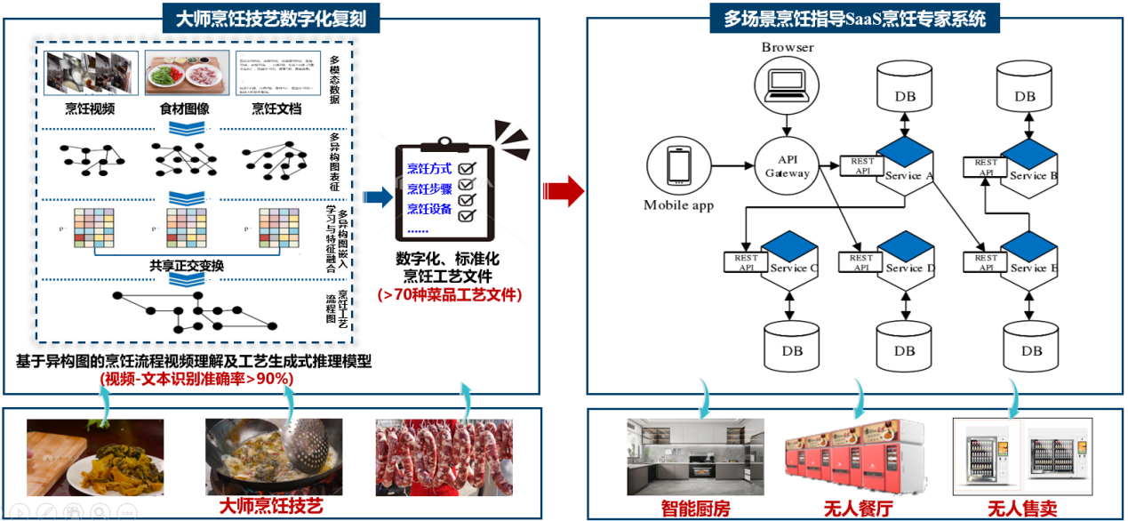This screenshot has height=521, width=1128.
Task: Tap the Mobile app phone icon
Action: click(x=679, y=166)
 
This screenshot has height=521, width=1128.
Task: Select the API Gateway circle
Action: click(x=788, y=165)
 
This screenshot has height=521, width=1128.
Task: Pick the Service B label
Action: click(x=1033, y=176)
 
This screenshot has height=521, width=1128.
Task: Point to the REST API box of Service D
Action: click(x=860, y=262)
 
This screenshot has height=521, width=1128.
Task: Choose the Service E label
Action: click(x=1033, y=268)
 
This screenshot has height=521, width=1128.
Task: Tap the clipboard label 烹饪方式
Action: click(x=429, y=167)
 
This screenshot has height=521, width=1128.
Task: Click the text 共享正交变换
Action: click(x=187, y=265)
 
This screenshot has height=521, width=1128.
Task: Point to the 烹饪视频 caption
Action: click(x=90, y=109)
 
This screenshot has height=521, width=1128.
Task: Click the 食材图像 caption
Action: click(x=185, y=109)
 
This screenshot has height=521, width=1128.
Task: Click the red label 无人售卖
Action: click(x=1023, y=509)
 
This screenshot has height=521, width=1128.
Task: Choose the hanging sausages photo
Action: click(x=444, y=455)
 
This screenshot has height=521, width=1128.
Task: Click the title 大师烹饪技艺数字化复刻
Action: click(x=271, y=17)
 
